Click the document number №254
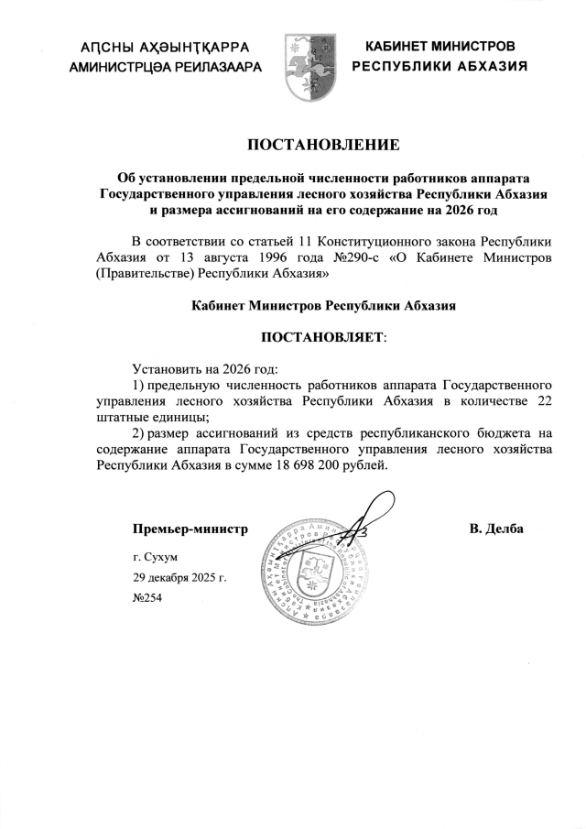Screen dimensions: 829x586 pos(147,596)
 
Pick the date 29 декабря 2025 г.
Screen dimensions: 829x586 pos(179,577)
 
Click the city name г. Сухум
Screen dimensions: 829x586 pos(155,557)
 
